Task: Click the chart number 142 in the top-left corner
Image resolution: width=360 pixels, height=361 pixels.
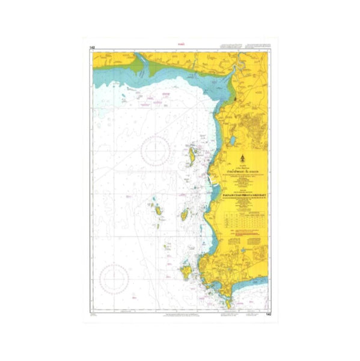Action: click(92, 47)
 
